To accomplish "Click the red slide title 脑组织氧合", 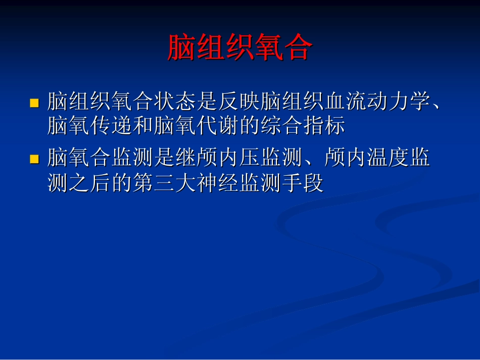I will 240,48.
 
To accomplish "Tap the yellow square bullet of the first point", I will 34,104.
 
